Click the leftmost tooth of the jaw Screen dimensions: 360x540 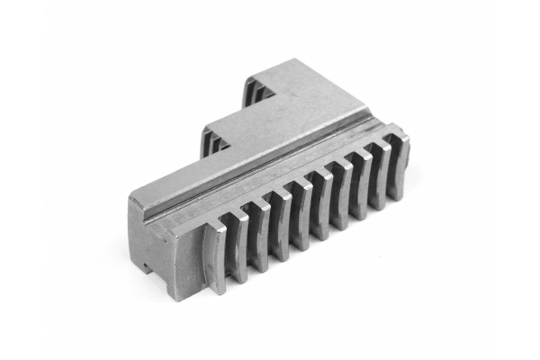pos(217,256)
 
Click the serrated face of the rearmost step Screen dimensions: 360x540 pos(254,90)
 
